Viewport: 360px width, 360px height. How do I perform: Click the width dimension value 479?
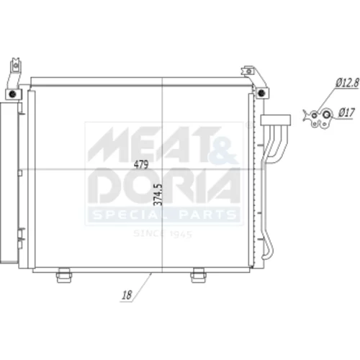pyautogui.click(x=141, y=164)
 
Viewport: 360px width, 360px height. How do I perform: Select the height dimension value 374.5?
pyautogui.click(x=158, y=194)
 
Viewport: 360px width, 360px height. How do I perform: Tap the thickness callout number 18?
pyautogui.click(x=127, y=295)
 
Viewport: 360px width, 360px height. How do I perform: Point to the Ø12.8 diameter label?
pyautogui.click(x=347, y=83)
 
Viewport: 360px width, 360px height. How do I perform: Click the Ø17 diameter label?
pyautogui.click(x=346, y=112)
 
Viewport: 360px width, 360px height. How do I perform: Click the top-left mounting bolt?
pyautogui.click(x=12, y=94)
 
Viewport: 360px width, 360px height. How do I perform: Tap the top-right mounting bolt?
pyautogui.click(x=261, y=92)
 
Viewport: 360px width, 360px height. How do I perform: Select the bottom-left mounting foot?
pyautogui.click(x=63, y=275)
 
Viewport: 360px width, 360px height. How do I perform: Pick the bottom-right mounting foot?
pyautogui.click(x=198, y=275)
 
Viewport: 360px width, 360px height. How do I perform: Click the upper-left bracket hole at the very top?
pyautogui.click(x=16, y=65)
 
